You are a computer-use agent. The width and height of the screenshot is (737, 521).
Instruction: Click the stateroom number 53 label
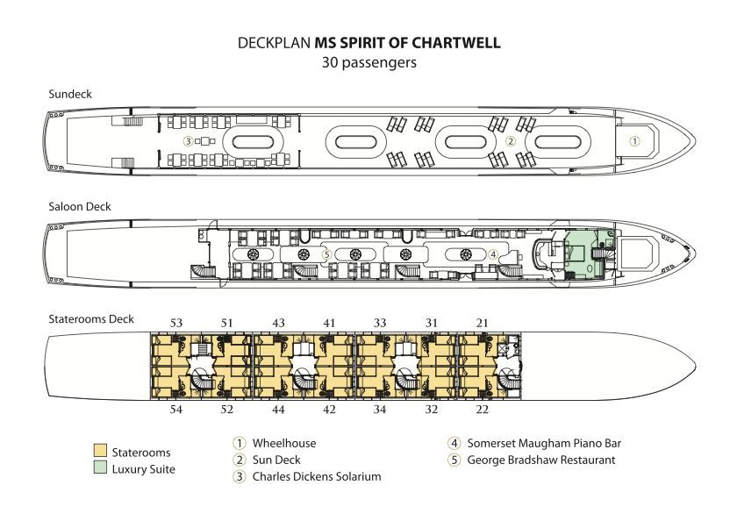pos(176,324)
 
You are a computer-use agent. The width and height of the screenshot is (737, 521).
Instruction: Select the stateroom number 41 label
pos(329,324)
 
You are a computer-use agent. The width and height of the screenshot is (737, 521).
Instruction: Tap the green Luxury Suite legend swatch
pos(100,469)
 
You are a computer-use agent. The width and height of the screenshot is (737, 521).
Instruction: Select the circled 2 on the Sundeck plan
pos(509,140)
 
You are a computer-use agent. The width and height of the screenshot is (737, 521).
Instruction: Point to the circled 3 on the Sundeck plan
pos(187,140)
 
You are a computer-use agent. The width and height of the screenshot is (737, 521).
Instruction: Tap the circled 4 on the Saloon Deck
pos(493,254)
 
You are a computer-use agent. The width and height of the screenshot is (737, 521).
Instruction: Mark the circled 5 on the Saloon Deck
pos(326,254)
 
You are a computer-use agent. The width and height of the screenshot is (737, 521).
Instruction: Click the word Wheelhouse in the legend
pos(283,444)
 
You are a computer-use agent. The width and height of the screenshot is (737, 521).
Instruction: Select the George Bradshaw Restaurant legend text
pos(541,460)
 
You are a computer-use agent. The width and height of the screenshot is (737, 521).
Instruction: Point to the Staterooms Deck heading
pos(91,319)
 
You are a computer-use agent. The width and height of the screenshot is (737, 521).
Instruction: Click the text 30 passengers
pos(368,62)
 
